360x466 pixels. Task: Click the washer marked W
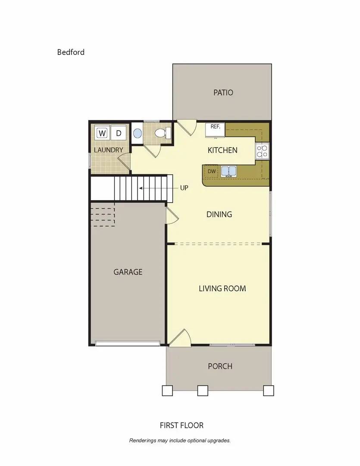pos(102,133)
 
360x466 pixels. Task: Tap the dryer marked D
pos(119,133)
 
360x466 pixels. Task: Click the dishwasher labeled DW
pos(212,172)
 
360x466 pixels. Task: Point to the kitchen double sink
pos(229,171)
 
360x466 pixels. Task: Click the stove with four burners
pos(262,151)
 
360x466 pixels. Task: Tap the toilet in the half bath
pos(163,132)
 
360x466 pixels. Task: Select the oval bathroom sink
pos(137,133)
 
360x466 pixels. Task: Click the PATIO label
pos(223,92)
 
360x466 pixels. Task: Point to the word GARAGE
pos(128,272)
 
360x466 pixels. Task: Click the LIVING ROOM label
pos(222,288)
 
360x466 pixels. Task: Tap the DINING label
pos(219,214)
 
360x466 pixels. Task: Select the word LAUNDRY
pos(109,150)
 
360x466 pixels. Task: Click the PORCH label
pos(220,366)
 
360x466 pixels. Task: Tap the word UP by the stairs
pos(184,188)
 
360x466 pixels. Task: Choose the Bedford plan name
pos(71,52)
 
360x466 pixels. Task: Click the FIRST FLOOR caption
pos(182,425)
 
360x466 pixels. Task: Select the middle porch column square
pos(203,390)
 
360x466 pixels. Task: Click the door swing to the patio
pos(186,127)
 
